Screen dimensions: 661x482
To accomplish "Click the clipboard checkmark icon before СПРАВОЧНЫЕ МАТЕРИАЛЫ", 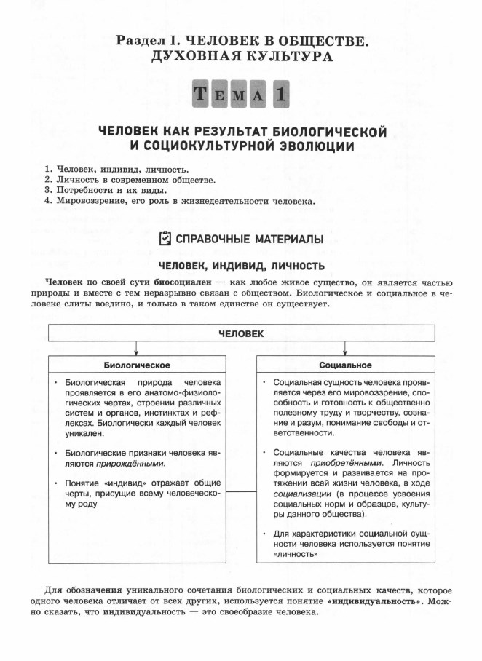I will pos(165,238).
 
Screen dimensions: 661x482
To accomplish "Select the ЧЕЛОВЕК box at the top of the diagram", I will pos(241,333).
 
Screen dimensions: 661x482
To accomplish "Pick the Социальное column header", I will pos(345,364).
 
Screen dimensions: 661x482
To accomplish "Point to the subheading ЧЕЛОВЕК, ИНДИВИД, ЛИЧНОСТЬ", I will pos(240,264).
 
